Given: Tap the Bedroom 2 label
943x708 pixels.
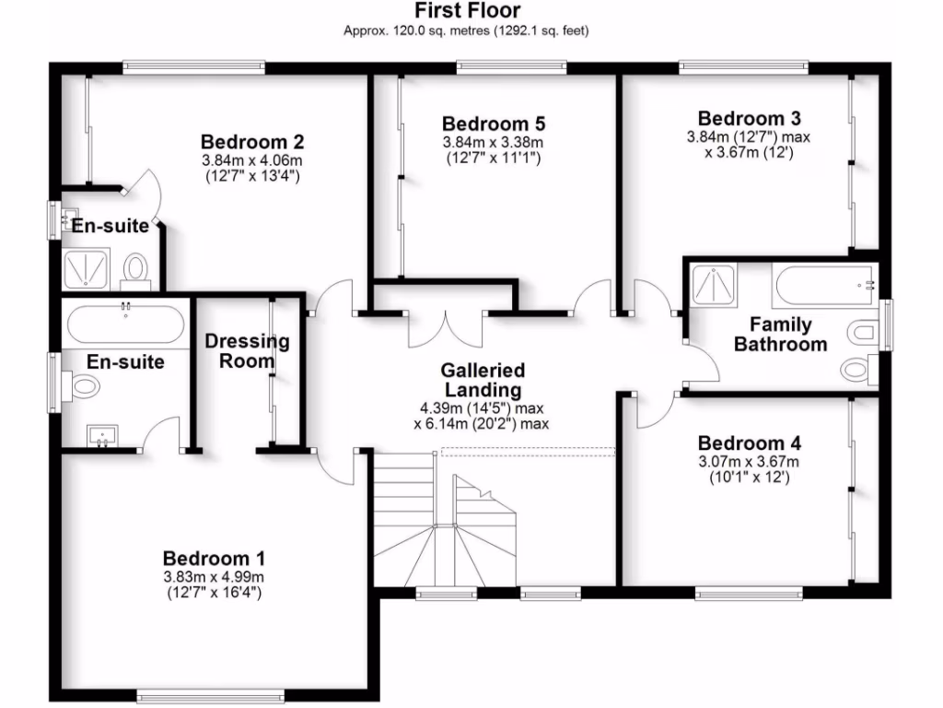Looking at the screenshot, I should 252,142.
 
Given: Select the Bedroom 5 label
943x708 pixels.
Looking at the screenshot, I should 494,124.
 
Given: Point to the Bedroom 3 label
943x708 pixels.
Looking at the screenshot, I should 749,118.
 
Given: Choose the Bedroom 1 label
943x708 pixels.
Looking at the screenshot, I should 214,558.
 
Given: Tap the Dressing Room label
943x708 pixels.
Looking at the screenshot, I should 246,351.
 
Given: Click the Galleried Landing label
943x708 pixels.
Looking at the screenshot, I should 482,380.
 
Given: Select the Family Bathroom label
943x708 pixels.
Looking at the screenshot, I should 780,335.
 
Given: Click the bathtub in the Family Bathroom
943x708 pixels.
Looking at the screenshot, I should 824,286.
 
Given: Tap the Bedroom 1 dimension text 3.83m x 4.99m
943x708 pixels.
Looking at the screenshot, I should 214,577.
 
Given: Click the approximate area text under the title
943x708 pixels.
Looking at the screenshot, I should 466,30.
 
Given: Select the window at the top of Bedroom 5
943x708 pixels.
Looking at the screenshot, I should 511,66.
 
